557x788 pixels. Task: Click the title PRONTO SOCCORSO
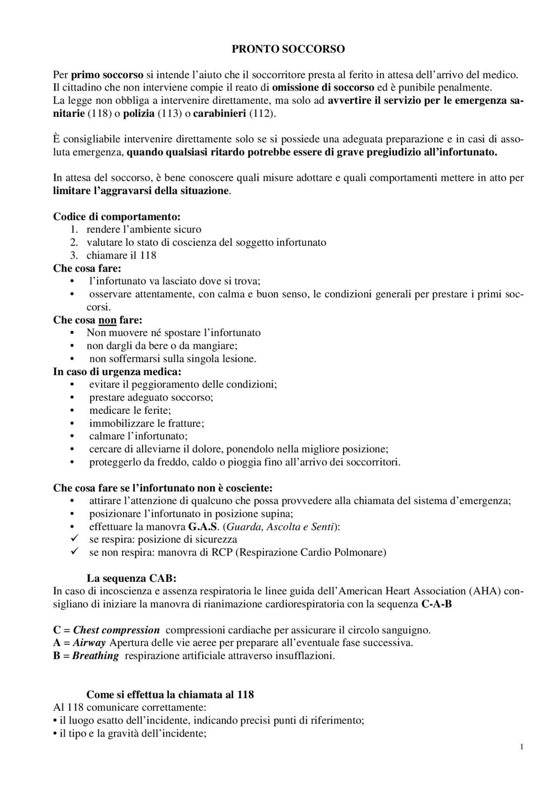pos(288,49)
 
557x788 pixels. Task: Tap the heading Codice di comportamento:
pos(117,216)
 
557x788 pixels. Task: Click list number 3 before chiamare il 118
pos(74,255)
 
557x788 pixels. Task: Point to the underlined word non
pos(107,320)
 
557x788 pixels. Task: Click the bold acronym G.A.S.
pos(203,527)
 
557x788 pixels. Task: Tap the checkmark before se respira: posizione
pos(74,539)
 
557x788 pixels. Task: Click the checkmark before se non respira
pos(74,552)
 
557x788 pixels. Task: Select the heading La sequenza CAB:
pos(131,579)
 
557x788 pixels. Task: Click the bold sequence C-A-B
pos(436,604)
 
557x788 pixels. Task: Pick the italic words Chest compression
pos(116,630)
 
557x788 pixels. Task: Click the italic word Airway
pos(89,643)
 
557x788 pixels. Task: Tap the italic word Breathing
pos(95,656)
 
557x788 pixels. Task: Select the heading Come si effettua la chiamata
pos(170,694)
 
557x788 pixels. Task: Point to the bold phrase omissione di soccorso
pos(323,87)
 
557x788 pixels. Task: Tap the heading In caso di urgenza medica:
pos(117,372)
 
